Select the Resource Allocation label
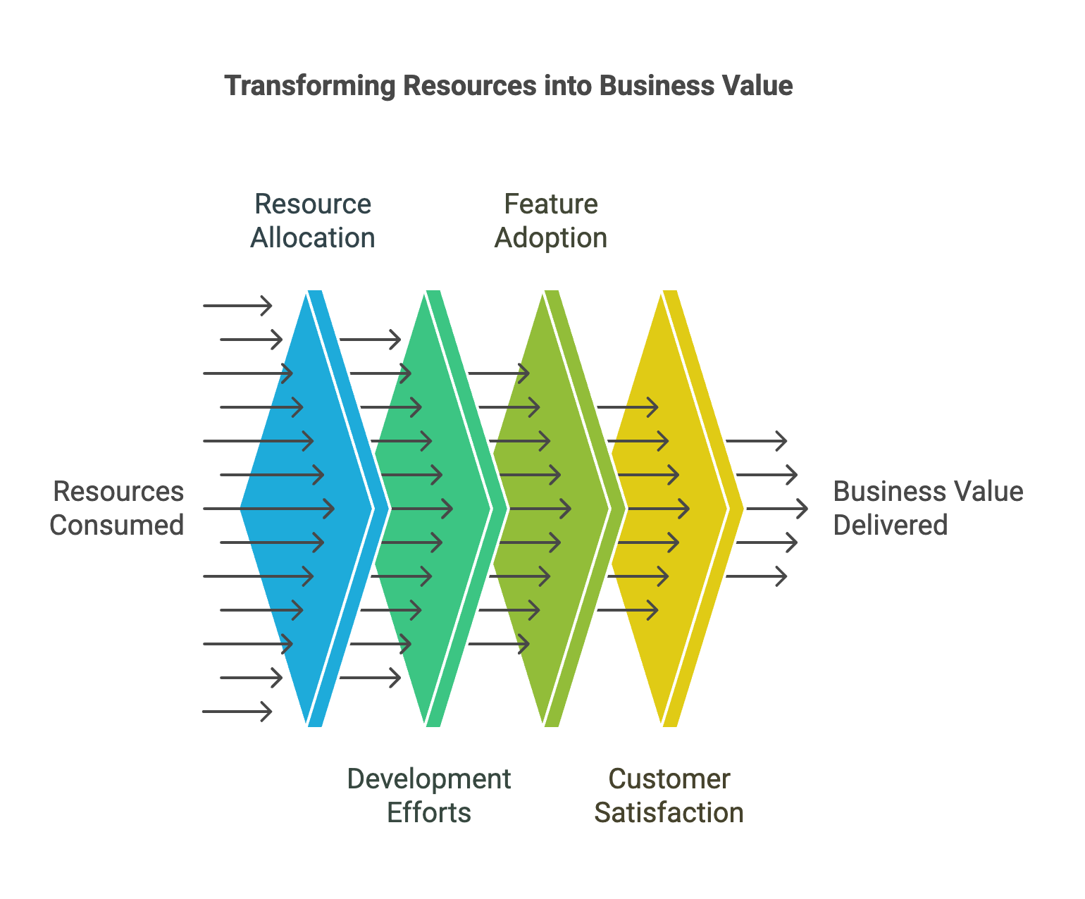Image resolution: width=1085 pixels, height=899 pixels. tap(312, 221)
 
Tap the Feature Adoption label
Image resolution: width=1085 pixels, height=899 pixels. tap(551, 221)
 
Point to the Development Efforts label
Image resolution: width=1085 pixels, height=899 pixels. tap(428, 795)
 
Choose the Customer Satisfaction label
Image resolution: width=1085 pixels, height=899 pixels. tap(669, 795)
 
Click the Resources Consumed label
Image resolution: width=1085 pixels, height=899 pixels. tap(117, 508)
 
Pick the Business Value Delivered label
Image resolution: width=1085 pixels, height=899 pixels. tap(927, 508)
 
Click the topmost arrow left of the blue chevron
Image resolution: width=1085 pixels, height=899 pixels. tap(237, 306)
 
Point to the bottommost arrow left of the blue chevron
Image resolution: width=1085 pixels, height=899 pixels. tap(237, 712)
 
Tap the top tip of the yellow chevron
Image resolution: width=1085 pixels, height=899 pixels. tap(669, 291)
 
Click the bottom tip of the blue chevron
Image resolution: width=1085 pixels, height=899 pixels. tap(314, 726)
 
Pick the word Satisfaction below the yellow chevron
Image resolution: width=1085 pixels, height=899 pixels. tap(669, 812)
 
